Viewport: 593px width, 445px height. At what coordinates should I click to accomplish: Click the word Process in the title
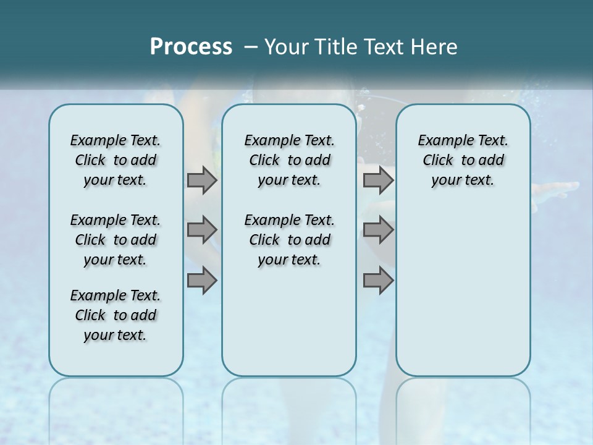coord(191,47)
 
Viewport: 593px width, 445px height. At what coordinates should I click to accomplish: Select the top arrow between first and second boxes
coord(202,180)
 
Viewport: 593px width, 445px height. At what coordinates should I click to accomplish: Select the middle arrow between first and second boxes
coord(202,231)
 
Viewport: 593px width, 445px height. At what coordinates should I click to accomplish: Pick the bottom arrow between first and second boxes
coord(202,281)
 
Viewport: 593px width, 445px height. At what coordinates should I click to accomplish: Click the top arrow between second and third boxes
coord(378,180)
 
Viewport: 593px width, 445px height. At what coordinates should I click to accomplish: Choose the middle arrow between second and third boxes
coord(378,231)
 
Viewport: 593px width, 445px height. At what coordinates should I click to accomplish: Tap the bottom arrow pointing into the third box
coord(378,281)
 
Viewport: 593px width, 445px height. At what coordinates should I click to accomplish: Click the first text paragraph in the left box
coord(116,160)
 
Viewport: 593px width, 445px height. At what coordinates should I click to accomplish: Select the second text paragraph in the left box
coord(116,240)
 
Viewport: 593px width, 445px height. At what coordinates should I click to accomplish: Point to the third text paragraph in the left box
coord(116,315)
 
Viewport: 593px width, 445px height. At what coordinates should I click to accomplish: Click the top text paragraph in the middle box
coord(289,160)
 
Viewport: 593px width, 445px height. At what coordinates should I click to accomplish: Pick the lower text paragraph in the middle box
coord(289,240)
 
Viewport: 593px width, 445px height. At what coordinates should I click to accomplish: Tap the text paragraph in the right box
coord(463,160)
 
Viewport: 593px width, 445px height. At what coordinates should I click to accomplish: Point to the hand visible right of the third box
coord(556,189)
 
